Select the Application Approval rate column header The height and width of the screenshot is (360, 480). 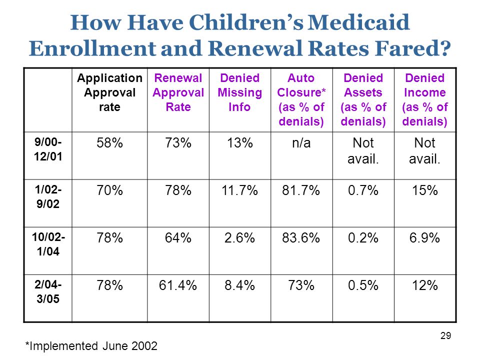click(x=109, y=92)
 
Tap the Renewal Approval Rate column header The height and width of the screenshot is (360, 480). click(x=178, y=92)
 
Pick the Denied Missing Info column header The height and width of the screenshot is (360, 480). click(x=239, y=92)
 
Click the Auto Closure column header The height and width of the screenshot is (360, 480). click(x=301, y=100)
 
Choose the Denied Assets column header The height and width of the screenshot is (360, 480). click(x=363, y=100)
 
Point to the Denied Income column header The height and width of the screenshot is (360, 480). click(x=425, y=100)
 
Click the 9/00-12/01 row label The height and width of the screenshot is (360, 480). click(x=48, y=149)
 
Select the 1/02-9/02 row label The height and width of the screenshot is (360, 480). click(x=48, y=196)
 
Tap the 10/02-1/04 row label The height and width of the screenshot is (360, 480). click(x=48, y=244)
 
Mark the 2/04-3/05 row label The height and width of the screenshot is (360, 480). click(x=48, y=291)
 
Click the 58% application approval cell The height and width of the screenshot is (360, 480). click(x=109, y=143)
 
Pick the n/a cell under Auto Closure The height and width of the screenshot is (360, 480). click(x=301, y=143)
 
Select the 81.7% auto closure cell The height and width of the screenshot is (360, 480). click(x=301, y=190)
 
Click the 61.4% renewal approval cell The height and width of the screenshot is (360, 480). click(x=178, y=285)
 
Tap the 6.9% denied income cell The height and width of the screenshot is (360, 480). click(x=424, y=238)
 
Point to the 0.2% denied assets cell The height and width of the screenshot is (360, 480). click(x=363, y=238)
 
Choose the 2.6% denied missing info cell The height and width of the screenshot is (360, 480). click(x=239, y=238)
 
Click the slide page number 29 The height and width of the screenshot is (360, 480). click(x=445, y=336)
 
